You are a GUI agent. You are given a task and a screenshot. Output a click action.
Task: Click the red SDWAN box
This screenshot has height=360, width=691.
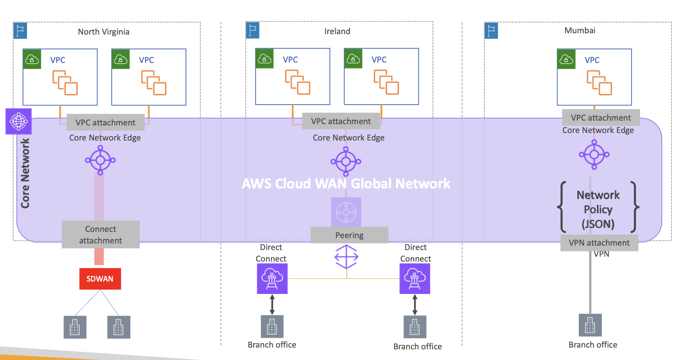click(100, 279)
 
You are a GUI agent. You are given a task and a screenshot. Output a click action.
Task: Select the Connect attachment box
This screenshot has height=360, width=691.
click(101, 235)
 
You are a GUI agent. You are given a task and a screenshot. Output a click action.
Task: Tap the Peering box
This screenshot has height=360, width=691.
click(349, 235)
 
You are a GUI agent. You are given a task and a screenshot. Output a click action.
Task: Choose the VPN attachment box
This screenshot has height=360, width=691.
click(599, 243)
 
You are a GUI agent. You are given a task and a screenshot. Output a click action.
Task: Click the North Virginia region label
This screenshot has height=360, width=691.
click(104, 31)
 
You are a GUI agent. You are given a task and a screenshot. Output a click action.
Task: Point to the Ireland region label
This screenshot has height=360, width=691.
click(337, 31)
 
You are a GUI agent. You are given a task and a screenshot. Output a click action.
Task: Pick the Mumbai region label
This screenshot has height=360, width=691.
click(580, 30)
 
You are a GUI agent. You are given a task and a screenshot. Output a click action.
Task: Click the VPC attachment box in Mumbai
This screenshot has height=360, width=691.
click(601, 117)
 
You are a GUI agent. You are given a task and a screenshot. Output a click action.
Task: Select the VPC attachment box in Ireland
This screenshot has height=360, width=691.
click(341, 121)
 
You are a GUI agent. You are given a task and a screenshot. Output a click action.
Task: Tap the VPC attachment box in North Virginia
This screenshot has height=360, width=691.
click(105, 122)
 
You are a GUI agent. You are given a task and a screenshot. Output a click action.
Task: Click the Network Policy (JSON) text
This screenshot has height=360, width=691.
click(598, 209)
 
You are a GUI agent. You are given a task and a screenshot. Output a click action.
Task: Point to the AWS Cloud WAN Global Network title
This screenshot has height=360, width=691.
click(346, 184)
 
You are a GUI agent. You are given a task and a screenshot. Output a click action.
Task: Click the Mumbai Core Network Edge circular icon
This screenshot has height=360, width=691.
click(594, 155)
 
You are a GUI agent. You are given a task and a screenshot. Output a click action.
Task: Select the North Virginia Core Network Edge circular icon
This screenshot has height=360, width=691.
click(100, 160)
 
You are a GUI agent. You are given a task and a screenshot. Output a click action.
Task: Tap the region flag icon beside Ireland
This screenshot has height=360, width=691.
click(252, 31)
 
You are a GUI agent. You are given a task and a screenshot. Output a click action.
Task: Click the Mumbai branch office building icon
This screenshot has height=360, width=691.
click(590, 325)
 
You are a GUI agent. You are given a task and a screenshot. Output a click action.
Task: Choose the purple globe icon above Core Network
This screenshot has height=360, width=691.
click(18, 121)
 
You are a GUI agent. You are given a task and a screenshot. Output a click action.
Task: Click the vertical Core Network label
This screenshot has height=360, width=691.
click(25, 173)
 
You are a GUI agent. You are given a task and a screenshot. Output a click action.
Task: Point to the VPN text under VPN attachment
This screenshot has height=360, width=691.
click(601, 254)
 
